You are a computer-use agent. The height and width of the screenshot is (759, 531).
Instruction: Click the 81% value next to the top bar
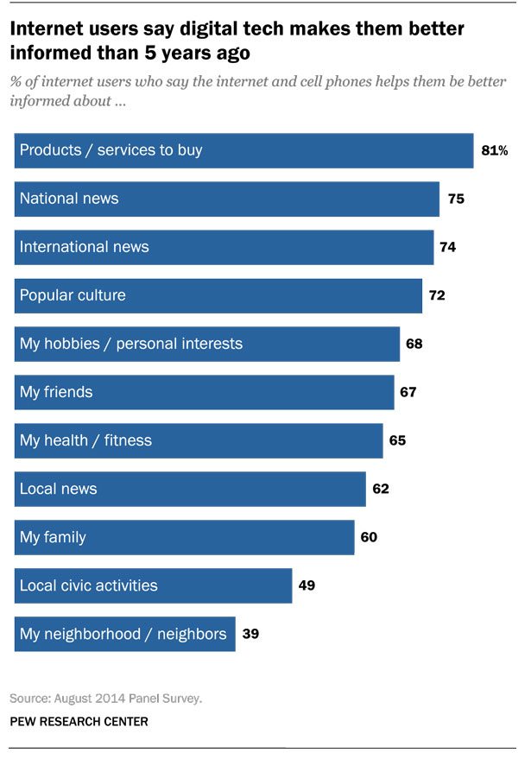pyautogui.click(x=494, y=150)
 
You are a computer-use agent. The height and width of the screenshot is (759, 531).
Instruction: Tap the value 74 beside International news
pyautogui.click(x=447, y=247)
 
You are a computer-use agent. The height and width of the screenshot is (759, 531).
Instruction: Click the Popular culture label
pyautogui.click(x=73, y=295)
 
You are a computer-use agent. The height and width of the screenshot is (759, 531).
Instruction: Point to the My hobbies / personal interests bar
pyautogui.click(x=207, y=344)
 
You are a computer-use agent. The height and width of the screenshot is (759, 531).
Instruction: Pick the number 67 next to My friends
pyautogui.click(x=408, y=392)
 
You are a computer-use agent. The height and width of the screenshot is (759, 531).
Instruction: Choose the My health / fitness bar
pyautogui.click(x=199, y=440)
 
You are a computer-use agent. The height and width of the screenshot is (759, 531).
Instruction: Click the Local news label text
pyautogui.click(x=58, y=489)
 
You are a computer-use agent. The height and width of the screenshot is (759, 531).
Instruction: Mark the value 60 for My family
pyautogui.click(x=369, y=537)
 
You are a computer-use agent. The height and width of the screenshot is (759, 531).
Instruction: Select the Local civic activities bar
pyautogui.click(x=154, y=585)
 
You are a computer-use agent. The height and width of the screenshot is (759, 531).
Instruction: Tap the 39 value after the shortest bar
pyautogui.click(x=250, y=634)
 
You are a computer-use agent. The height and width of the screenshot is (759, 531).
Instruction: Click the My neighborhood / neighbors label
pyautogui.click(x=123, y=634)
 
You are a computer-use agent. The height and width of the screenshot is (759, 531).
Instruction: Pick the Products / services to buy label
pyautogui.click(x=111, y=150)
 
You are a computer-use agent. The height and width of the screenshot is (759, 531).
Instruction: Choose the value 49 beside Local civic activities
pyautogui.click(x=307, y=585)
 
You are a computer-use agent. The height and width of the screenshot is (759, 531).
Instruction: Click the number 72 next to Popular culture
pyautogui.click(x=437, y=295)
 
